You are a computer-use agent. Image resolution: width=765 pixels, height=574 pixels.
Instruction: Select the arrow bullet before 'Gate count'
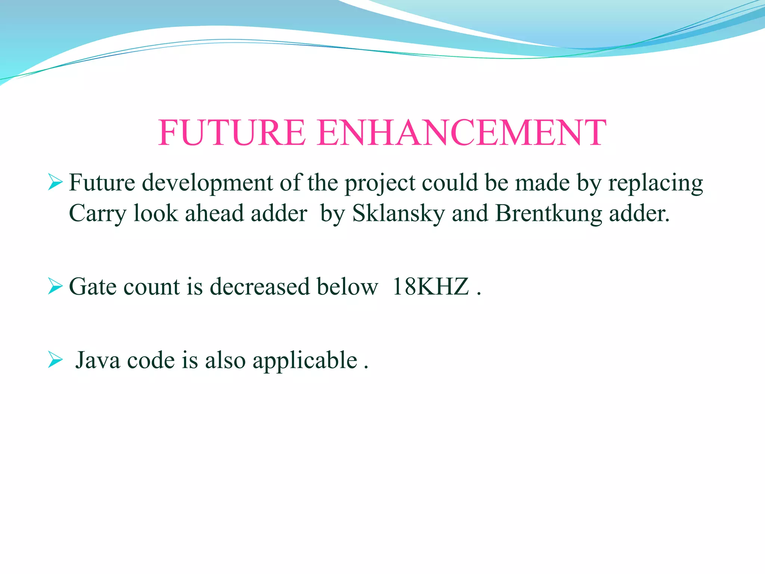(55, 287)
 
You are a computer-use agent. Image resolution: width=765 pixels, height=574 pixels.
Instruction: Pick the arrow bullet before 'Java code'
(55, 360)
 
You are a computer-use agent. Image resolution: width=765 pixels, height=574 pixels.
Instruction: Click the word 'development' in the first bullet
(207, 183)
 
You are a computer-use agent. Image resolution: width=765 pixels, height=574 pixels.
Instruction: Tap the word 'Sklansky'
(399, 214)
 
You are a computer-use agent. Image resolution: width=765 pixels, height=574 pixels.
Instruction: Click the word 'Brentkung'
(549, 214)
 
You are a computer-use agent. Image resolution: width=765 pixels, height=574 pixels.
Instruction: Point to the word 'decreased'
(260, 287)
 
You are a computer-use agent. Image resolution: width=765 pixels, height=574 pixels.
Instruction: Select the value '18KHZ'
(430, 287)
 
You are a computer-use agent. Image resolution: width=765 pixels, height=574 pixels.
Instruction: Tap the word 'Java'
(98, 360)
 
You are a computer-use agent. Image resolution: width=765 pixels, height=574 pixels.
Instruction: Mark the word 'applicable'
(305, 361)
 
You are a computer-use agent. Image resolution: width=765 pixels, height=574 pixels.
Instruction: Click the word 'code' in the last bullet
(151, 360)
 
